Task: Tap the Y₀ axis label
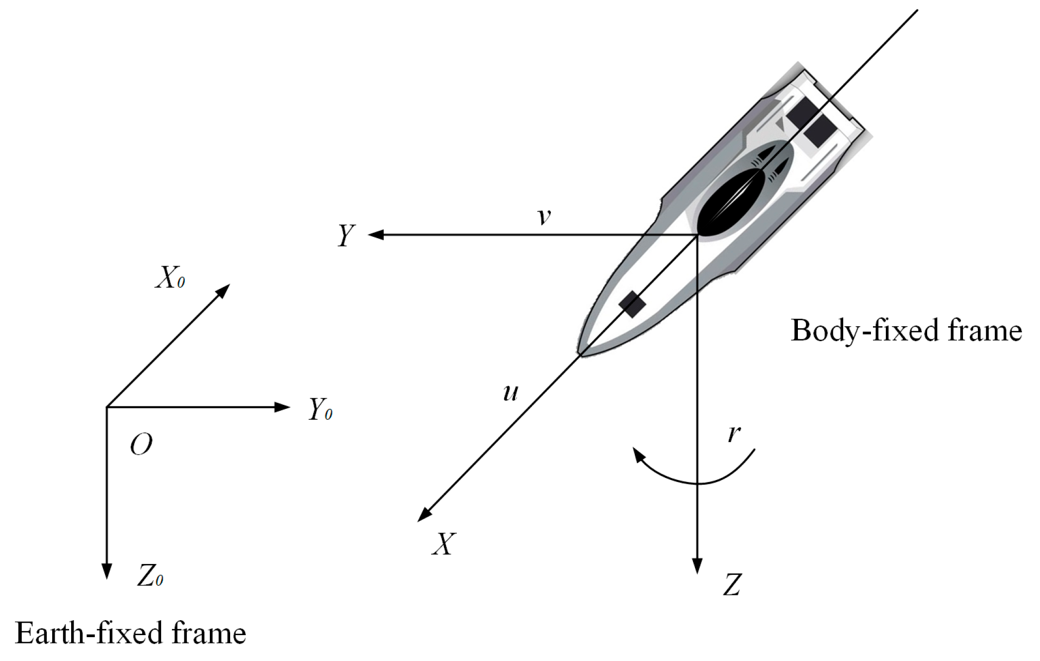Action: (x=320, y=409)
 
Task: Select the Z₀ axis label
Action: (x=150, y=576)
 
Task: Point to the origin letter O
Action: (x=141, y=444)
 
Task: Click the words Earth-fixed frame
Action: (x=131, y=633)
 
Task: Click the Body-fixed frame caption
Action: (x=906, y=330)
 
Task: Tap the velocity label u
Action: (x=511, y=392)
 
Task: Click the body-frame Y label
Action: (x=347, y=235)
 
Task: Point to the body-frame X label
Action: (x=443, y=544)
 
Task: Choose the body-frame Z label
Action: (x=732, y=584)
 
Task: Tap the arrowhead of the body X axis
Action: (x=424, y=515)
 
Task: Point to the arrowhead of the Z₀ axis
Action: (x=106, y=571)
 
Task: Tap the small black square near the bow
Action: (x=632, y=304)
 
